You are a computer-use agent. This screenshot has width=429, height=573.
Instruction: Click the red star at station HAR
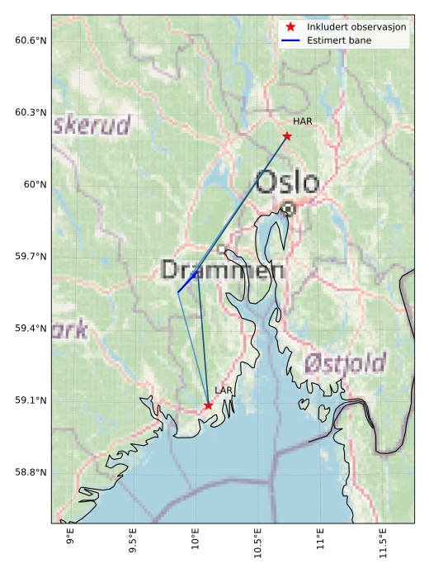(287, 135)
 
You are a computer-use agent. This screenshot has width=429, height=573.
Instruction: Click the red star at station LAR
(208, 405)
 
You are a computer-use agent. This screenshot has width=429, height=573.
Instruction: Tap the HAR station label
(302, 121)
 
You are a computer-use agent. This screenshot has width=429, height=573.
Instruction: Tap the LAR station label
(223, 390)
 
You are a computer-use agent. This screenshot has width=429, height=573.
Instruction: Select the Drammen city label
(223, 270)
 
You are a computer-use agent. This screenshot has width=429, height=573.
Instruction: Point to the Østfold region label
(345, 362)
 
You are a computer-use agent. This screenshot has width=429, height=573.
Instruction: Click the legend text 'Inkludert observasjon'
(357, 26)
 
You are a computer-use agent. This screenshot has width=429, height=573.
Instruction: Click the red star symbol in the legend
(290, 26)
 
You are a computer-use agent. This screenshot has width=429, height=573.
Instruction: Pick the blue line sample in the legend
(290, 40)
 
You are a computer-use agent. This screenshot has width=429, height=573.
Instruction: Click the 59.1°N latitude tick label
(31, 400)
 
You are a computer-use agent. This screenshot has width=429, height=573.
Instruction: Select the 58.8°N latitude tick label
(31, 472)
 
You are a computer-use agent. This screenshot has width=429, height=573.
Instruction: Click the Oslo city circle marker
(288, 209)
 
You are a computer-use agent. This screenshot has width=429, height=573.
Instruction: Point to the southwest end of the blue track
(178, 291)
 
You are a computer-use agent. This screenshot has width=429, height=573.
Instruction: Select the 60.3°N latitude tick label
(31, 112)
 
